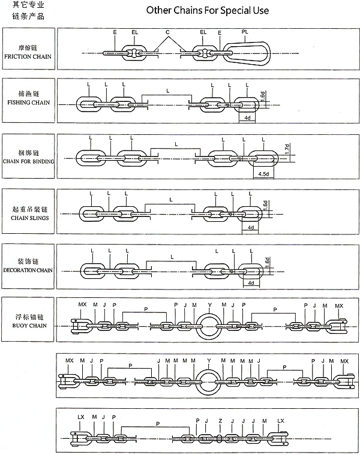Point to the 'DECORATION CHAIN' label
28,270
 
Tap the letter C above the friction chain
167,31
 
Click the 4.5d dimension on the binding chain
262,174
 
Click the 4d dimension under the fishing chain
247,118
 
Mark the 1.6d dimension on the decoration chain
268,263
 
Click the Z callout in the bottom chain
221,420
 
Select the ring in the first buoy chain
209,326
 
